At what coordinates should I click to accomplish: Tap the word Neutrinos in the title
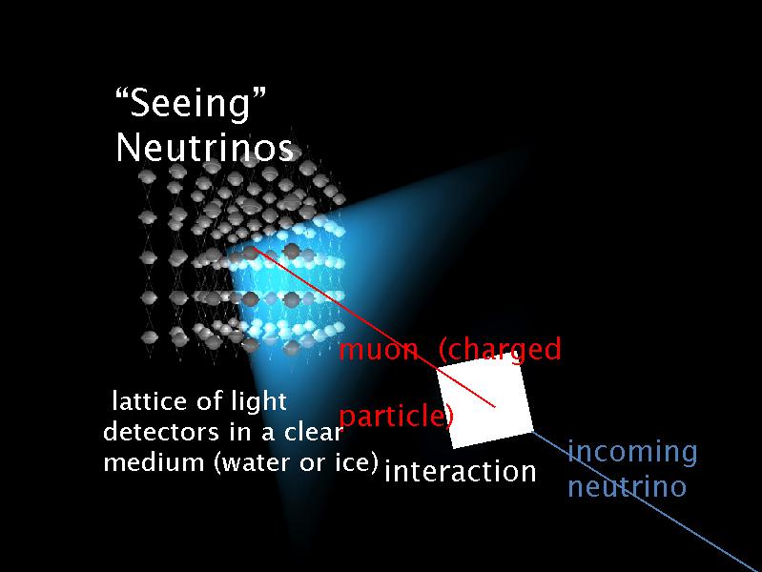(203, 148)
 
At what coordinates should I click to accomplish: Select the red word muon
(379, 350)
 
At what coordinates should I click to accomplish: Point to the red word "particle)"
(396, 417)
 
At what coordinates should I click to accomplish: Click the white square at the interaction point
(484, 404)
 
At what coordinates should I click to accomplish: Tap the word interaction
(460, 471)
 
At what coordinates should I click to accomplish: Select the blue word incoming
(632, 451)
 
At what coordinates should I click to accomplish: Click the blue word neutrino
(627, 487)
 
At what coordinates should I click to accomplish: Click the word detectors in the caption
(157, 432)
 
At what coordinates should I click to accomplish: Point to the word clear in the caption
(311, 432)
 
